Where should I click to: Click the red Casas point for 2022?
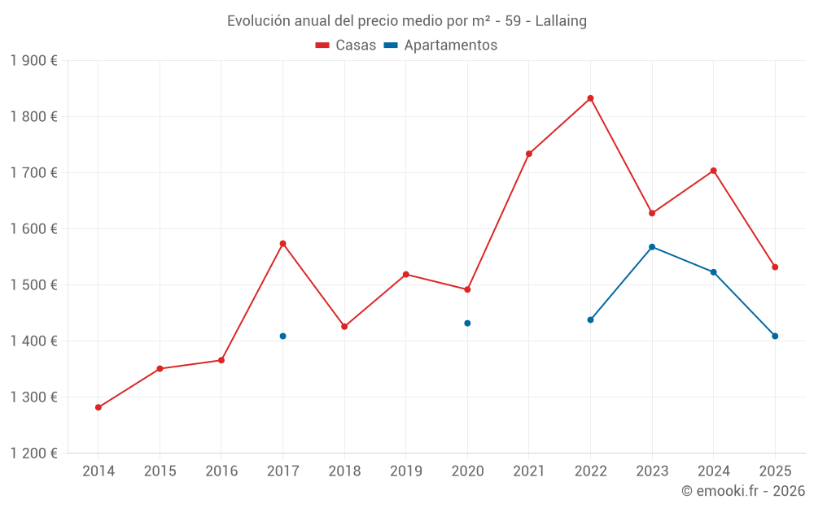(590, 98)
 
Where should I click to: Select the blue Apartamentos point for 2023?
(652, 246)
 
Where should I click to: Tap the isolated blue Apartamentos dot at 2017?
(282, 336)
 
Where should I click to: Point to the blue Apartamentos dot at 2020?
(467, 323)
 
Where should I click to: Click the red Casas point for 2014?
(98, 407)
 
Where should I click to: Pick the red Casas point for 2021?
(529, 154)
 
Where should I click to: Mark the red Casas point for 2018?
(344, 326)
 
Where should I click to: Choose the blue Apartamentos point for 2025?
(775, 336)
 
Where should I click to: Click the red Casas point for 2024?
(713, 171)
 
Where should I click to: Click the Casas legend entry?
(346, 46)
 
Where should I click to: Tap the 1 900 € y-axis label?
(33, 61)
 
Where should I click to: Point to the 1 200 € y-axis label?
(33, 454)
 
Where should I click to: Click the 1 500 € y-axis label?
(33, 285)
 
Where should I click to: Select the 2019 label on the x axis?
(405, 471)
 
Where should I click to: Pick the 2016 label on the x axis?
(221, 471)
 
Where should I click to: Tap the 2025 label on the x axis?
(775, 471)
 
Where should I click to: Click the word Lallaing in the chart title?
(561, 21)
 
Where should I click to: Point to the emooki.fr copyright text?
(742, 491)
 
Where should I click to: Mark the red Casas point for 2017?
(282, 243)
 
